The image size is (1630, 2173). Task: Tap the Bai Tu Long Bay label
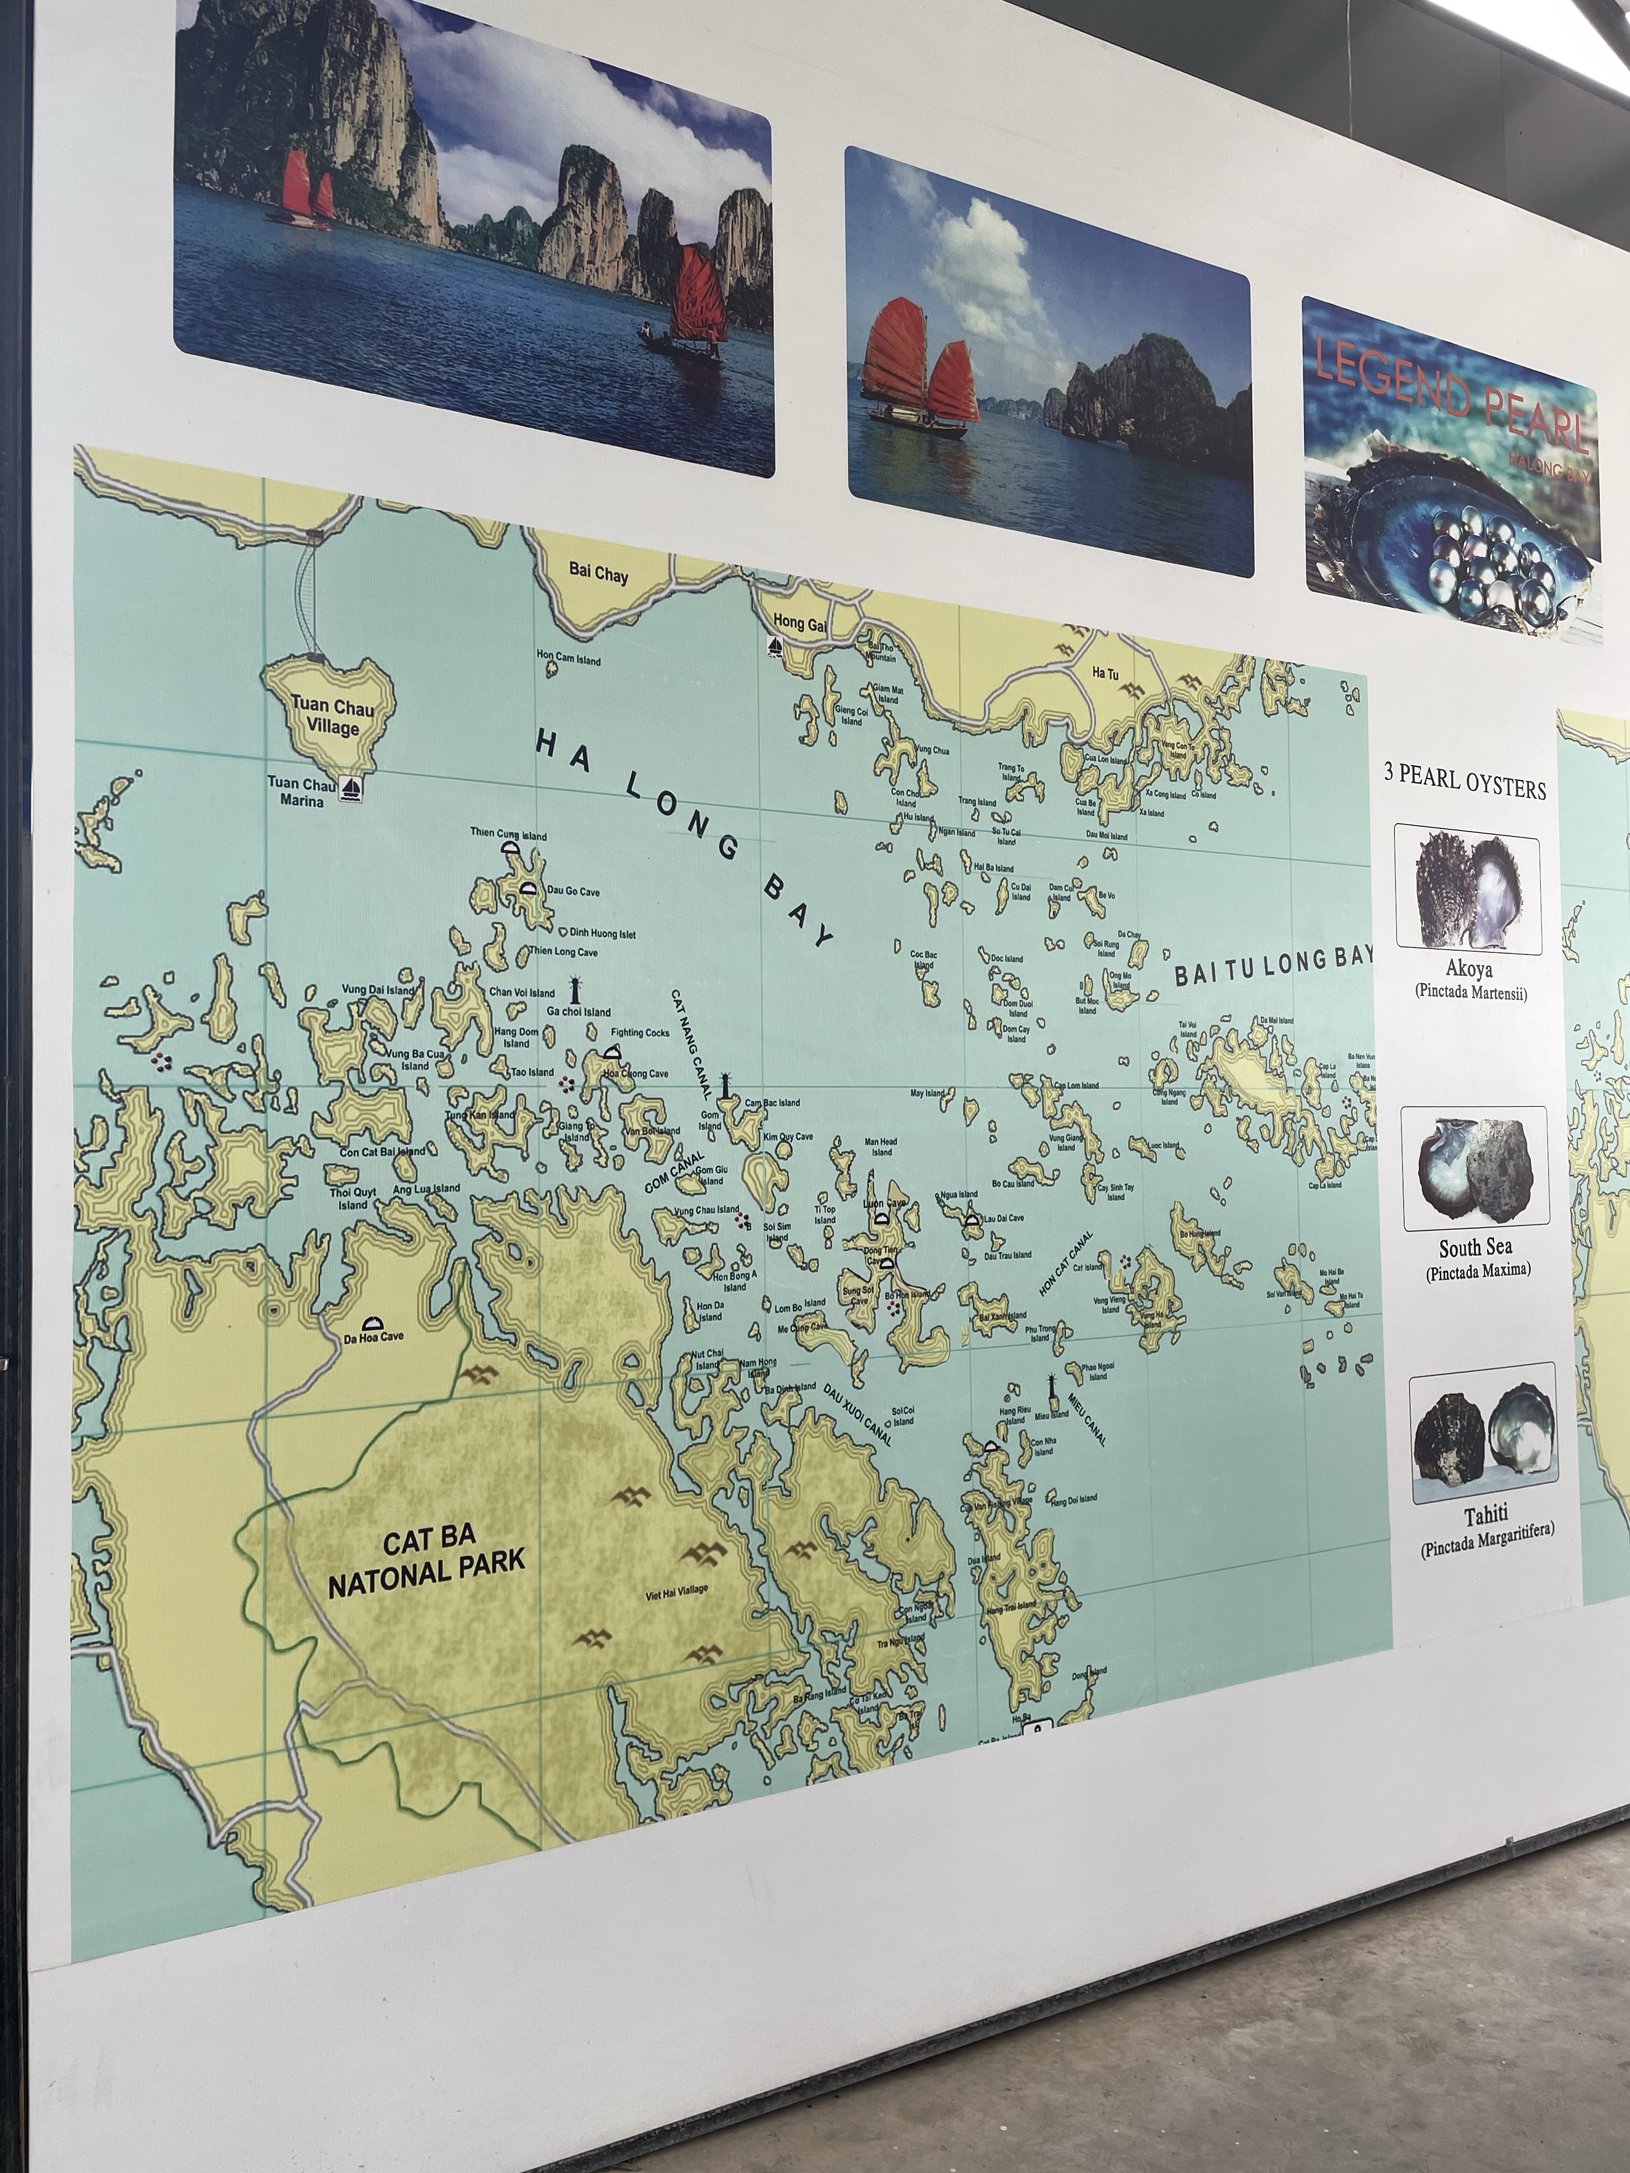1273,967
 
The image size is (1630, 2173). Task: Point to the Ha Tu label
1106,673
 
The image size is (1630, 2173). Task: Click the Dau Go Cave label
573,892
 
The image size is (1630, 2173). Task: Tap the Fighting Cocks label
640,1033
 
